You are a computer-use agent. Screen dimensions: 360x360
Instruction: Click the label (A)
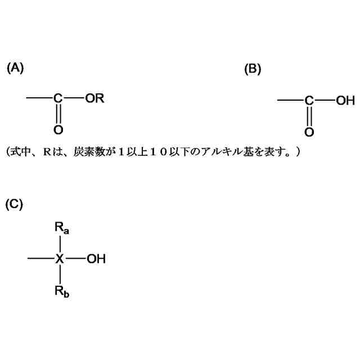pos(15,68)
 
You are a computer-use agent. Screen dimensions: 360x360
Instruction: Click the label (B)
pos(253,69)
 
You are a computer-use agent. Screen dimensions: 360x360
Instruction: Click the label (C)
pos(14,204)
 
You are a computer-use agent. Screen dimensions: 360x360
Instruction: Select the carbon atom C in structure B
pos(309,101)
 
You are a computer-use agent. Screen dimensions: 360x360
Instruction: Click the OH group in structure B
pos(345,101)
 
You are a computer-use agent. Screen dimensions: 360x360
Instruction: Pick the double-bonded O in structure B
pos(309,132)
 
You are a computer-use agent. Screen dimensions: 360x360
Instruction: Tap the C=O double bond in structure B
pos(309,117)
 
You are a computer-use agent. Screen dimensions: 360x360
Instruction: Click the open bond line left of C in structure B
pos(290,101)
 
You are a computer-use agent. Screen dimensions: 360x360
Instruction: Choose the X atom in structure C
pos(60,259)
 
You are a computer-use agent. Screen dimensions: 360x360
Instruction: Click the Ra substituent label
pos(62,228)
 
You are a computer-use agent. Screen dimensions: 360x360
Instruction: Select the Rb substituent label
pos(62,291)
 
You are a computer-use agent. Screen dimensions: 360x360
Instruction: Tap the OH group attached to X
pos(96,259)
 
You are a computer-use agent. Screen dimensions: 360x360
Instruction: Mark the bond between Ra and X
pos(60,245)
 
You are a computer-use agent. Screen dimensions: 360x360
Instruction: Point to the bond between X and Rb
pos(60,275)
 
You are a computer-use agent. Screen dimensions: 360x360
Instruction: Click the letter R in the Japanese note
pos(47,152)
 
